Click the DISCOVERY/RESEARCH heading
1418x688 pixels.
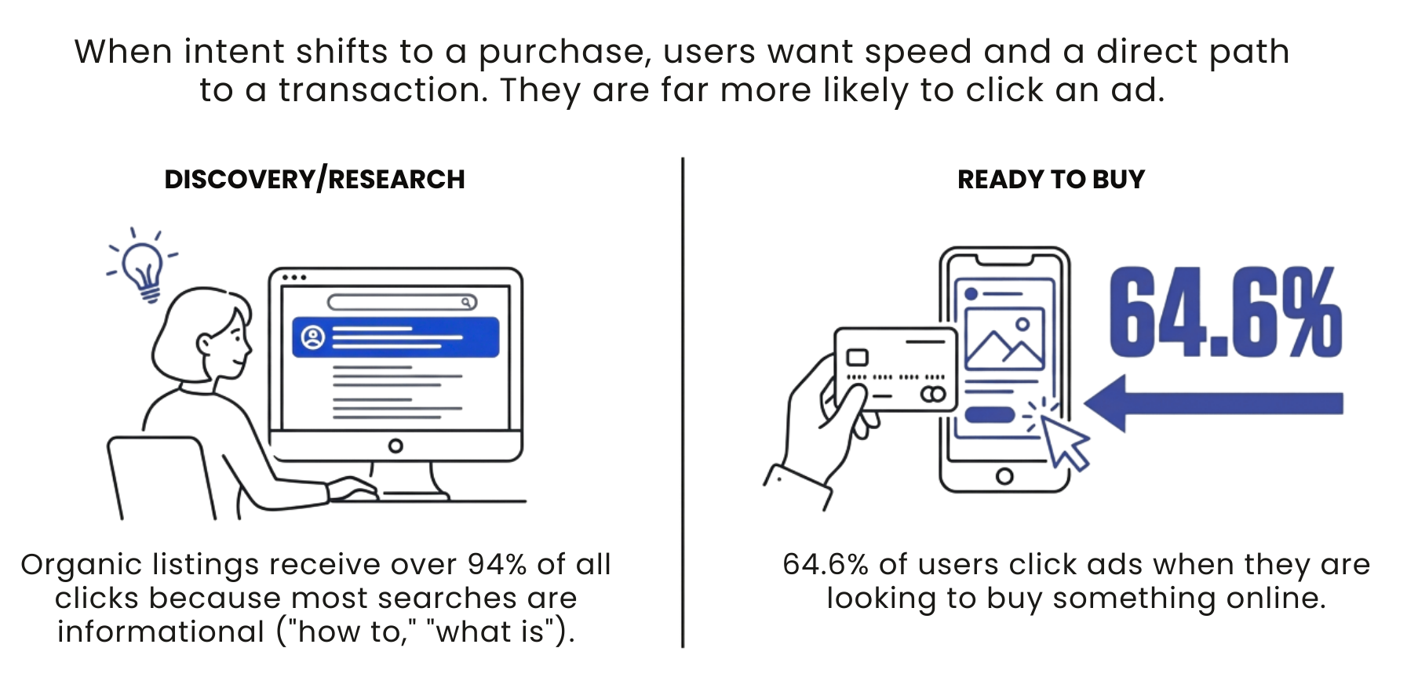point(315,180)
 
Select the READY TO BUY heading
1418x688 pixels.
point(1051,180)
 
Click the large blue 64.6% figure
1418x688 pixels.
point(1224,312)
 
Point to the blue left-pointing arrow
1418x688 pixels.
point(1212,403)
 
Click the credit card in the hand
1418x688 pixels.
point(895,369)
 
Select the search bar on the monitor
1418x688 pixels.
point(401,303)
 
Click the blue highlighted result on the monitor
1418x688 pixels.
point(396,337)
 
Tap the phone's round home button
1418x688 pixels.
point(1004,476)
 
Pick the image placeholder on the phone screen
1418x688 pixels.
point(1004,339)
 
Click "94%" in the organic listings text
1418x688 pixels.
point(496,565)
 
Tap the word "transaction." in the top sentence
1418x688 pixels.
point(383,90)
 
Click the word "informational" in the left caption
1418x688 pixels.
point(161,632)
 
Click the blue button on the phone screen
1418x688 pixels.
point(990,414)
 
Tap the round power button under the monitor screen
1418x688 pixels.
point(396,446)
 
